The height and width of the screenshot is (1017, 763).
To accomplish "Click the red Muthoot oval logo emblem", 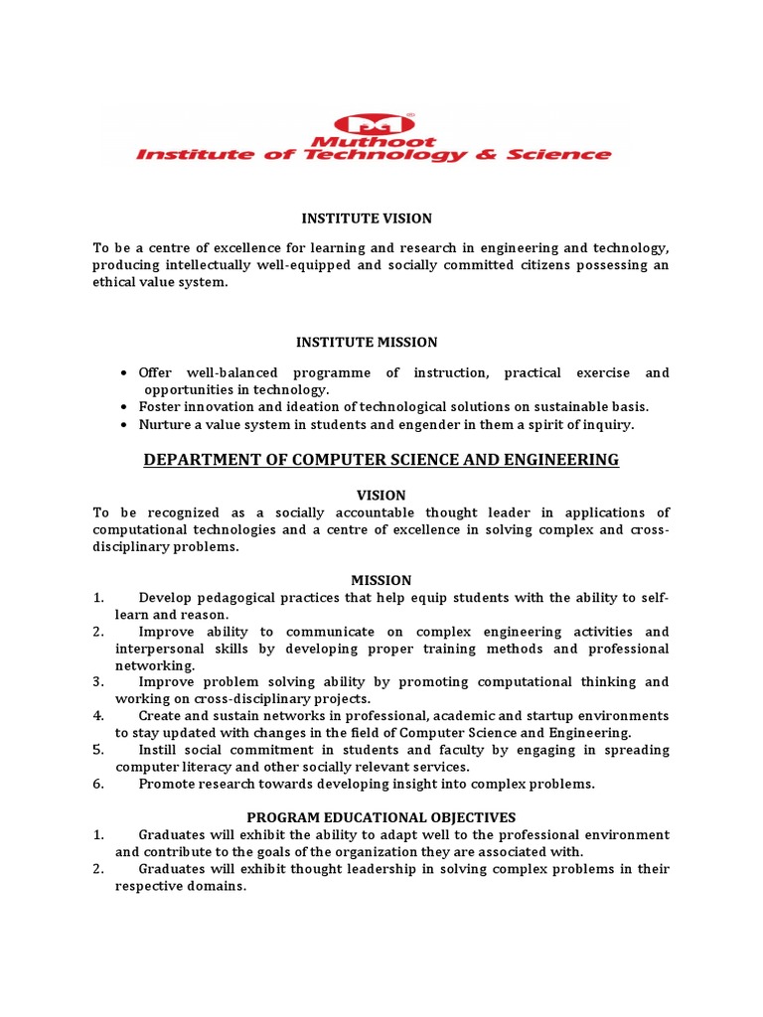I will pos(374,124).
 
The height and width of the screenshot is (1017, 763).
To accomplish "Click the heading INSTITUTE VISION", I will pos(367,218).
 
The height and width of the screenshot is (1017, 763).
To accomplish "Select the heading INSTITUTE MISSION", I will pos(367,343).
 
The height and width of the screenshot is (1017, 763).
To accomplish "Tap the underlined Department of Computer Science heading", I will pos(381,460).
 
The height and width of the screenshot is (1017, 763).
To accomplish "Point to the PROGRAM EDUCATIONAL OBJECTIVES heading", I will pos(381,817).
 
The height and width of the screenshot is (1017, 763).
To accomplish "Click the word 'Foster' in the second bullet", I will pos(158,407).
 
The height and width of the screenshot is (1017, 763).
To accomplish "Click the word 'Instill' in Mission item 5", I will pos(159,750).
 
